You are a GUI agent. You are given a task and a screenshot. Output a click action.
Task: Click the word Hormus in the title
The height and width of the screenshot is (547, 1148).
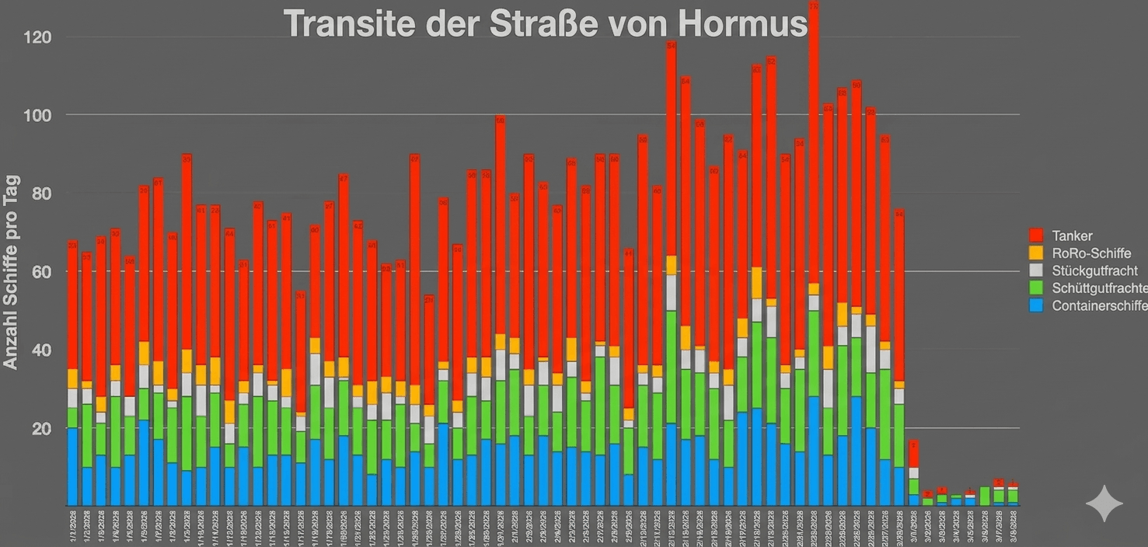(x=741, y=24)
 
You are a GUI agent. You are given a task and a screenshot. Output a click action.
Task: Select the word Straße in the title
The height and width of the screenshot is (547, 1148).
(x=545, y=24)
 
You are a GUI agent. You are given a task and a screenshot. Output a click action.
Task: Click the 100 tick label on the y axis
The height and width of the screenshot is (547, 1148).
(x=37, y=115)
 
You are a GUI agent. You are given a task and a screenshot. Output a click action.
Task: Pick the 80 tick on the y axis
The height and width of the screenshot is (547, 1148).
(x=40, y=193)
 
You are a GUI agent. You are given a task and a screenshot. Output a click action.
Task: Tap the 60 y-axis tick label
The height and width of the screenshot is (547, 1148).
(x=40, y=272)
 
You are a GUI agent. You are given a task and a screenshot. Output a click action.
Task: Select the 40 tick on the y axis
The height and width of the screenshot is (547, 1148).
(x=40, y=350)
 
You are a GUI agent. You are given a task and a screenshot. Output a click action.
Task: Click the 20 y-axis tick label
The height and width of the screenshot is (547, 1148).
(x=40, y=429)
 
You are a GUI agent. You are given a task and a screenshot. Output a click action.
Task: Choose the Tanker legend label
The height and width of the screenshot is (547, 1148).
(x=1072, y=235)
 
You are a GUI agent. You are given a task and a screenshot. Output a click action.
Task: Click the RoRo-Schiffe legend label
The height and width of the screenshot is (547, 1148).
(x=1091, y=253)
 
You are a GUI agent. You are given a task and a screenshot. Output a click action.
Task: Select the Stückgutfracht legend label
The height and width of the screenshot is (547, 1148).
(x=1094, y=270)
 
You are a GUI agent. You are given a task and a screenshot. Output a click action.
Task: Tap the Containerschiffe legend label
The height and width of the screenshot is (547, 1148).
(x=1099, y=305)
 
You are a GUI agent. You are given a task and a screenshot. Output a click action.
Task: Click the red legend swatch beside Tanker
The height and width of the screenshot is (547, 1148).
(x=1036, y=235)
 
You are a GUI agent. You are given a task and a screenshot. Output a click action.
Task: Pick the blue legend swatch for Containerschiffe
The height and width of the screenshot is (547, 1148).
(x=1036, y=305)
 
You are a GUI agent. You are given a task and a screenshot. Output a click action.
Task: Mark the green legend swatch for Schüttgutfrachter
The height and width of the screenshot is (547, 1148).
(x=1036, y=288)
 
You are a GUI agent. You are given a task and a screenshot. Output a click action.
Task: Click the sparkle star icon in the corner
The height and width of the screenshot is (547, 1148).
(x=1104, y=504)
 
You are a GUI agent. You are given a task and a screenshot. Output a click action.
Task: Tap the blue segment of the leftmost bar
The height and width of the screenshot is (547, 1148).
(x=72, y=466)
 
